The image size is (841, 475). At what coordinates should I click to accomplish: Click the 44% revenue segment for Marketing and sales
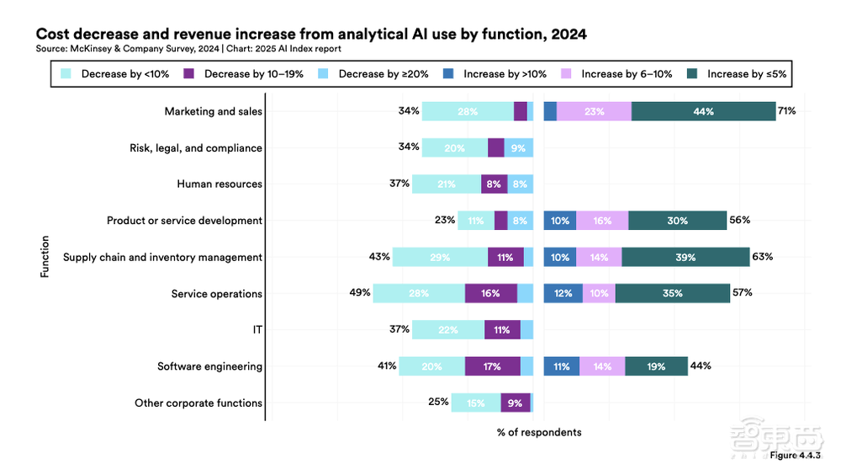click(x=703, y=111)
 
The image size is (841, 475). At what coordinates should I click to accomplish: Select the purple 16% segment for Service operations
click(x=490, y=293)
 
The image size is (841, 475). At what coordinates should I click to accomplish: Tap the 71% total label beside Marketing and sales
click(x=786, y=111)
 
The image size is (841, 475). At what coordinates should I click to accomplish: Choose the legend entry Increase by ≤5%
click(x=739, y=74)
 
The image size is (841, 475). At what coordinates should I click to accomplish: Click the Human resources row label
click(x=220, y=184)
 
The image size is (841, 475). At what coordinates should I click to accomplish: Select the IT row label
click(x=257, y=329)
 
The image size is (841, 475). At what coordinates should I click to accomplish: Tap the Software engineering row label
click(x=209, y=366)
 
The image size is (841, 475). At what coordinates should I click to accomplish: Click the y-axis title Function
click(x=45, y=257)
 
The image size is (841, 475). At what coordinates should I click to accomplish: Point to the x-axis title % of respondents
click(x=539, y=432)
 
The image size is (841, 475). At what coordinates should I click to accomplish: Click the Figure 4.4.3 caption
click(x=795, y=456)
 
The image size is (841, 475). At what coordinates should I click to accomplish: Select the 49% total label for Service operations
click(x=360, y=293)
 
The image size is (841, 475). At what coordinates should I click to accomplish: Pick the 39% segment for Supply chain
click(x=685, y=257)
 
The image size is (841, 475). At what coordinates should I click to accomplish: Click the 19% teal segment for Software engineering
click(x=656, y=366)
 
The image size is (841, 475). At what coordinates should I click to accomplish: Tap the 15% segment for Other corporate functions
click(x=475, y=403)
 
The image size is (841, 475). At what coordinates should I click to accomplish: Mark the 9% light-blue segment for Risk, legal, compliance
click(x=518, y=147)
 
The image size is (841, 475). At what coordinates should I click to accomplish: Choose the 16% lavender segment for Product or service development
click(x=602, y=221)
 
